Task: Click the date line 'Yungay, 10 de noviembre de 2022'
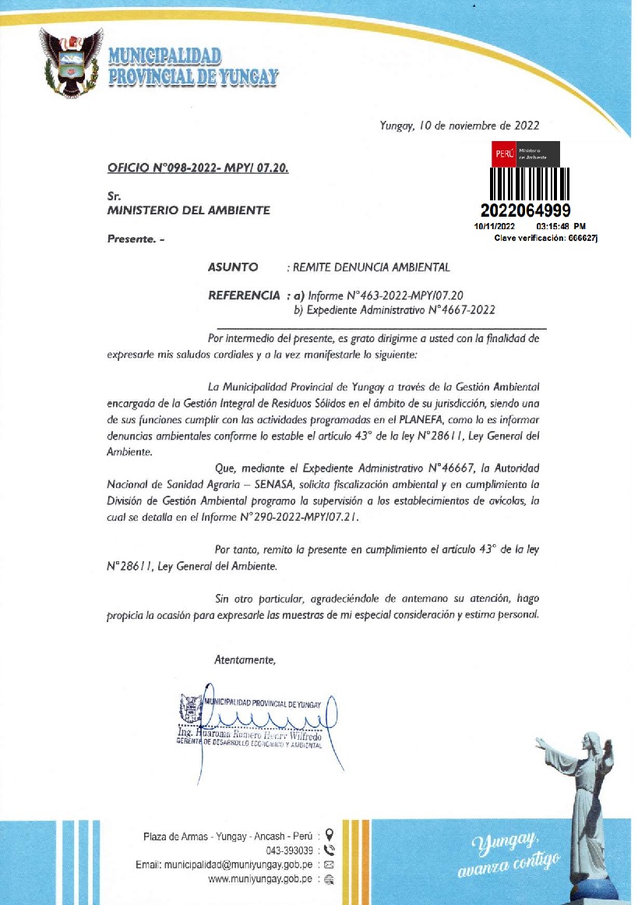(459, 125)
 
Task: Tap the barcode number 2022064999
(526, 210)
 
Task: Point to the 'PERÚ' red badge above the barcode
(503, 154)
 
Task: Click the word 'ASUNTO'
(233, 267)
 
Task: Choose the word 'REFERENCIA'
(244, 295)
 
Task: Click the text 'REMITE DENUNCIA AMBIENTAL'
(371, 267)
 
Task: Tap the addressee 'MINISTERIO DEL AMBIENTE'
(188, 210)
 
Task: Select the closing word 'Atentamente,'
(245, 659)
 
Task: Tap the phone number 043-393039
(290, 850)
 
